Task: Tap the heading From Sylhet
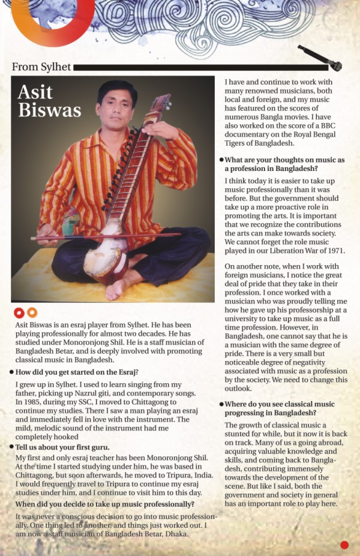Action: click(x=41, y=67)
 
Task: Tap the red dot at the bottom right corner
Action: click(x=344, y=545)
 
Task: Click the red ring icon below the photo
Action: click(x=19, y=312)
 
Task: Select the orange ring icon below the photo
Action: click(x=32, y=312)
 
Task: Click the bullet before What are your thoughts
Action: click(x=221, y=160)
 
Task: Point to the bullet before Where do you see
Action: click(x=221, y=404)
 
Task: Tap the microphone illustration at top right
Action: click(x=320, y=58)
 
